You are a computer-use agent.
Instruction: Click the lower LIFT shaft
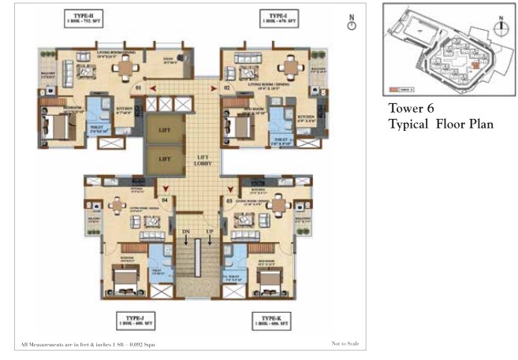[165, 158]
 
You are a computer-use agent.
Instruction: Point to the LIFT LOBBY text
[203, 161]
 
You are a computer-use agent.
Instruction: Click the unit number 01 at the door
[138, 88]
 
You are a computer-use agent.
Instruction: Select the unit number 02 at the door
[227, 88]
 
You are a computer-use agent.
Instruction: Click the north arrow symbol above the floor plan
[352, 24]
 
